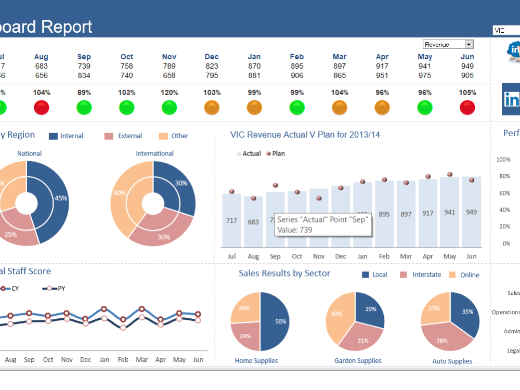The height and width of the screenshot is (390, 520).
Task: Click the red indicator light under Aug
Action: click(x=42, y=108)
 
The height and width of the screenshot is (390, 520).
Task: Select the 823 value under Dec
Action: click(x=212, y=66)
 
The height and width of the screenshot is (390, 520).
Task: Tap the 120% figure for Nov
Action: click(x=169, y=93)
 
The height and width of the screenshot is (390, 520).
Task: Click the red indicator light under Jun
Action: click(x=467, y=108)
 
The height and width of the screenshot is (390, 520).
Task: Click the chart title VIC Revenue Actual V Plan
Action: click(x=305, y=135)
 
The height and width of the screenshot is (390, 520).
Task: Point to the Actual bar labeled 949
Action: click(x=472, y=212)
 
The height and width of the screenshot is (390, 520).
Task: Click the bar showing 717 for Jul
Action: click(x=231, y=220)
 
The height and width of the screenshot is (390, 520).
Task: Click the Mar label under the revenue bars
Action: click(x=406, y=256)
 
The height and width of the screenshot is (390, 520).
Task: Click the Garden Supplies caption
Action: click(x=358, y=361)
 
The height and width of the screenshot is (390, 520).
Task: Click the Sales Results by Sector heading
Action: click(x=284, y=274)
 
